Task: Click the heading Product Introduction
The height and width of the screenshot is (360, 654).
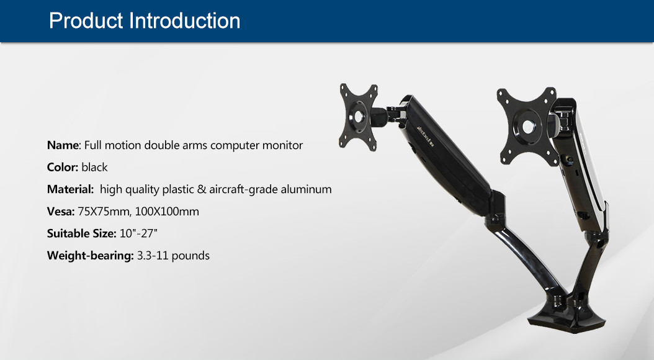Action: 145,21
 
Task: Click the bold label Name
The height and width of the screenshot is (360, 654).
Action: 63,145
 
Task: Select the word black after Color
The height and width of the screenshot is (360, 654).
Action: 94,168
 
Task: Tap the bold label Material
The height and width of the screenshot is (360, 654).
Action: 70,189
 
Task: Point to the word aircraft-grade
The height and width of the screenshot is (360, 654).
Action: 243,190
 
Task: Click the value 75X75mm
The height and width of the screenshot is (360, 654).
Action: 104,212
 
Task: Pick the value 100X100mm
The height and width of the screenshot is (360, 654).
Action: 167,212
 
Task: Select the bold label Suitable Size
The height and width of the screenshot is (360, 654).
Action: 81,233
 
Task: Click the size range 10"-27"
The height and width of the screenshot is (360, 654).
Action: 138,233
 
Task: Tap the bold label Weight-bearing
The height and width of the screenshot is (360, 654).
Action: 90,256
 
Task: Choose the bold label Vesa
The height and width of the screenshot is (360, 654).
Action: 60,212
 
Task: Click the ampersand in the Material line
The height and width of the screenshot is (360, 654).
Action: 202,189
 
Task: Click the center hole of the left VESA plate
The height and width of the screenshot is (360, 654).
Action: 359,117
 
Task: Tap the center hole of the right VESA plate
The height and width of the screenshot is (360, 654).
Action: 528,126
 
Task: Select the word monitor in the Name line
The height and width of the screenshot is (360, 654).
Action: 282,145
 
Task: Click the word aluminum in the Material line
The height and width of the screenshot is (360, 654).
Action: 306,189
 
